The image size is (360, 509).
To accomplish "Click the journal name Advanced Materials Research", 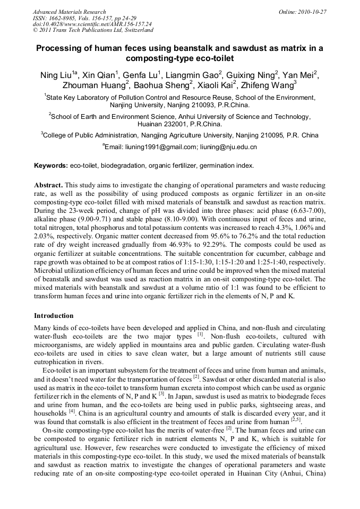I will [x=69, y=12].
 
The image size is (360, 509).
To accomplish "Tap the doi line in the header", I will [x=92, y=24].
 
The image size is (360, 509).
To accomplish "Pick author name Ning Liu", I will [x=56, y=75].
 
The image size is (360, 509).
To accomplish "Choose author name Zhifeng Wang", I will [x=272, y=85].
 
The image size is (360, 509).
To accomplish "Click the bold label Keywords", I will [x=50, y=166].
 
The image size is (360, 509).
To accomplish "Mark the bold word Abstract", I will [x=48, y=185].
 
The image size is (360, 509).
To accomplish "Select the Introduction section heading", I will [x=54, y=316].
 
